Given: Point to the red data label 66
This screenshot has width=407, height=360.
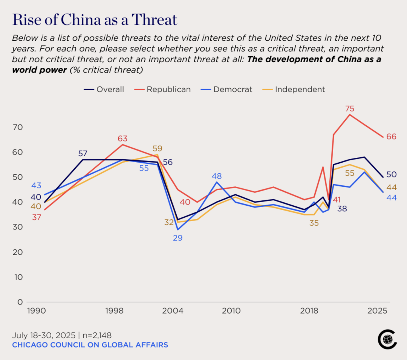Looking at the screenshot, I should coord(392,137).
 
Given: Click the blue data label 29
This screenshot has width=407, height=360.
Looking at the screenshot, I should coord(178,238).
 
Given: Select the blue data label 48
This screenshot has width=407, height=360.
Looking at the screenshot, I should coord(217,176).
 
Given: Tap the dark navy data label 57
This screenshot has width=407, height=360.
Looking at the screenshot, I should coord(83,154).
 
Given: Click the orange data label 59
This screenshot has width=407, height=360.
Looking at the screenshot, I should coord(158,149).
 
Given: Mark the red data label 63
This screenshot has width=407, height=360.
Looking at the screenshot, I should coord(122,138).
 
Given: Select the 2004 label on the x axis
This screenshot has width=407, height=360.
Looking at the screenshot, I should coord(173,311).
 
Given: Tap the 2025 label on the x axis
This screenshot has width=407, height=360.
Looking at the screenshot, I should coord(378,311).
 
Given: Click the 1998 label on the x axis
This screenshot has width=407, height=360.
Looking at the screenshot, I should coord(115,311).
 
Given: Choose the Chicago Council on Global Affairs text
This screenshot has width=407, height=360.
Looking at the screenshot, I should coord(90,345).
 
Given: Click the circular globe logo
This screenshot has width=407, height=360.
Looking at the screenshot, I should coord(387,339).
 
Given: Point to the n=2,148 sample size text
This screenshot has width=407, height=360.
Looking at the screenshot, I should coord(96,335).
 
